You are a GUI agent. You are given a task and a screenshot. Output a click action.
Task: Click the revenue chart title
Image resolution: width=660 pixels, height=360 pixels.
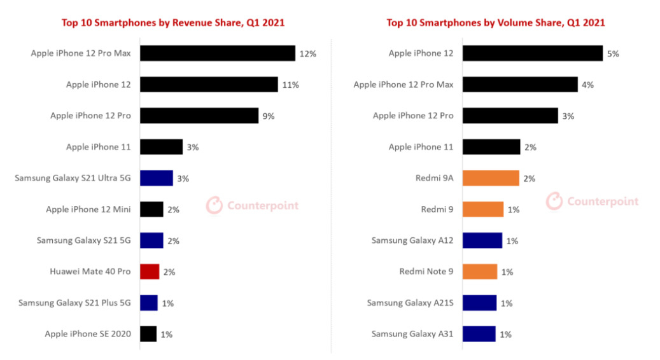click(173, 23)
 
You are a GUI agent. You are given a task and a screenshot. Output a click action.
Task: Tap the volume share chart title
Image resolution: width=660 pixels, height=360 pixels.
click(495, 23)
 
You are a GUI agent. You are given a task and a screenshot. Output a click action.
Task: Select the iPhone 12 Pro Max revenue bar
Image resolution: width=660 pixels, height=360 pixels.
click(218, 53)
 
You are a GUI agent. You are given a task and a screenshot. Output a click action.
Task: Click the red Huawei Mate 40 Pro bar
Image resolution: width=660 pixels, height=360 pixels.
click(150, 272)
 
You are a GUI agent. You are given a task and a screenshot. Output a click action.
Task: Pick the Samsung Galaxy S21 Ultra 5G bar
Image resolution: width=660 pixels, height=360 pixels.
click(157, 178)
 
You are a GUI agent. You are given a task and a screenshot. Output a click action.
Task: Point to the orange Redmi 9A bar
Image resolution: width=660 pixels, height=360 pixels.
click(491, 178)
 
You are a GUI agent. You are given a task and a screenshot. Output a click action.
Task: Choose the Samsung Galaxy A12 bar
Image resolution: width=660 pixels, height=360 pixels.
click(482, 240)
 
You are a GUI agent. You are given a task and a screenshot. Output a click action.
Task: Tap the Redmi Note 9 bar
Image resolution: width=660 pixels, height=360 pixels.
click(480, 272)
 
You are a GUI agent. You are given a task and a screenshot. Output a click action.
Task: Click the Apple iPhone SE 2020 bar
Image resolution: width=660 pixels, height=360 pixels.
click(148, 334)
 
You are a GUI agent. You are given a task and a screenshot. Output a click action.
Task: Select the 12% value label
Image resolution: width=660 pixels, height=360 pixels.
click(307, 54)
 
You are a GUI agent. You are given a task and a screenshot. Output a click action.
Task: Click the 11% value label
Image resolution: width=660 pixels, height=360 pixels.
click(290, 85)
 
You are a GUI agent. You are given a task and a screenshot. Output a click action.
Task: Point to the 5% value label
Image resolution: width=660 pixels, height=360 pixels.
click(613, 54)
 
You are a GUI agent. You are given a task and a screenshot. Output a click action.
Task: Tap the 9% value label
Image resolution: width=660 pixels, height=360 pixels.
click(269, 116)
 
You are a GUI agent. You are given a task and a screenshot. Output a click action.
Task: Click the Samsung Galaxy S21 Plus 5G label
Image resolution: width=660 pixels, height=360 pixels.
click(74, 303)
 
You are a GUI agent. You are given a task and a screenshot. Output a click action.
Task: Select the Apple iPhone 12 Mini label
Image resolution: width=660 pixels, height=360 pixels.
click(88, 209)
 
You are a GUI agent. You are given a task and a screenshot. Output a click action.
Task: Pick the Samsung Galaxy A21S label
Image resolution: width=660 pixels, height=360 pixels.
click(411, 303)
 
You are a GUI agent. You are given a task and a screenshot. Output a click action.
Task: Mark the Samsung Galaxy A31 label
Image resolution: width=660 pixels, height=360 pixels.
click(412, 334)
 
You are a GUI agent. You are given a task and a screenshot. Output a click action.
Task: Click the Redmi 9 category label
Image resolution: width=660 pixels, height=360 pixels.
click(437, 209)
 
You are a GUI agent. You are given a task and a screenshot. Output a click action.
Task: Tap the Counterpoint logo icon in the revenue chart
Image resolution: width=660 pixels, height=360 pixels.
click(214, 205)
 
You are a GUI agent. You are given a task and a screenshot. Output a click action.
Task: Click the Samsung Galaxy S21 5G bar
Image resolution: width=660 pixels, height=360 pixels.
click(151, 240)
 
